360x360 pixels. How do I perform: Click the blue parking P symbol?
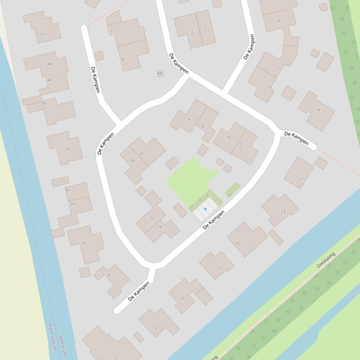[x=205, y=209]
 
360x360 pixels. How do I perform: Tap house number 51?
[x=43, y=34]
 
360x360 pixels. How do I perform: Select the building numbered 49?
[x=50, y=64]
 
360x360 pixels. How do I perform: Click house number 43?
[x=68, y=149]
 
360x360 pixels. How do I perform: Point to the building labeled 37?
[x=84, y=243]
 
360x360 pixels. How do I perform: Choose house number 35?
[x=109, y=275]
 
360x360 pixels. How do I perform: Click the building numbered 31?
[x=157, y=328]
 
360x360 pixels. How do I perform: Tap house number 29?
[x=182, y=298]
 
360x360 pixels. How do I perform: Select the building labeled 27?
[x=219, y=268]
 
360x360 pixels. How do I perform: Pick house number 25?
[x=237, y=243]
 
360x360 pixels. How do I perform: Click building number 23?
[x=283, y=211]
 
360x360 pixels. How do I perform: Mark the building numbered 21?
[x=301, y=179]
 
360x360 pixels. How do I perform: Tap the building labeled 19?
[x=317, y=110]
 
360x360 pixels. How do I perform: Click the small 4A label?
[x=160, y=73]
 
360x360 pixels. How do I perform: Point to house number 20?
[x=141, y=153]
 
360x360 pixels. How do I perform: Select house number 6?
[x=189, y=119]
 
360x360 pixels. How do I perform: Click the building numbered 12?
[x=240, y=144]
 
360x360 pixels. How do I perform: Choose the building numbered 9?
[x=279, y=21]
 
